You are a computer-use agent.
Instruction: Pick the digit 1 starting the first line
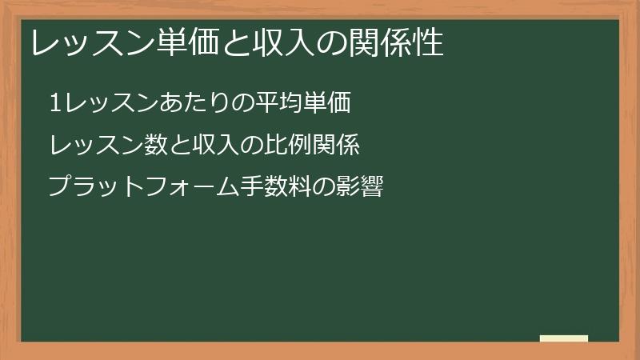[54, 104]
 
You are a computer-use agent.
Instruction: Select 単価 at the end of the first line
[328, 104]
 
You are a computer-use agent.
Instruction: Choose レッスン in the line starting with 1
[110, 104]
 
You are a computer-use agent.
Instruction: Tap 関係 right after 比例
[336, 146]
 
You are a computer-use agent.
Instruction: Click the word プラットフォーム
[133, 189]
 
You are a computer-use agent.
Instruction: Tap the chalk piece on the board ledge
[564, 338]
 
